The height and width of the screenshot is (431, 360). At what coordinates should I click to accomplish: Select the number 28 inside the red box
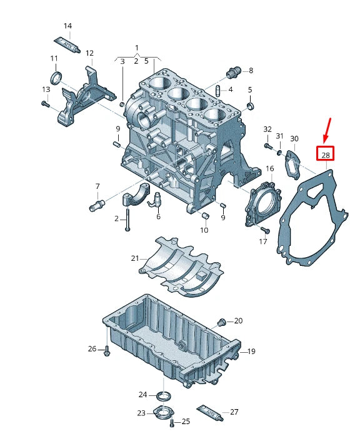[325, 154]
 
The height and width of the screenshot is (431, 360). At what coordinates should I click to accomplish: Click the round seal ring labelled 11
[56, 78]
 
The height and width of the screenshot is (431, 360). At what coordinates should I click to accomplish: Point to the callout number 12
[89, 53]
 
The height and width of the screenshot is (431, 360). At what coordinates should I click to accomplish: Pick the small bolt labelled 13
[46, 104]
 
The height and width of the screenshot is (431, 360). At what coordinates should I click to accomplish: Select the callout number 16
[269, 169]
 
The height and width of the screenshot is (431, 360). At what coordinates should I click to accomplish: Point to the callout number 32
[267, 129]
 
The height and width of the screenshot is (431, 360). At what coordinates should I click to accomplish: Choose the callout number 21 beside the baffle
[135, 258]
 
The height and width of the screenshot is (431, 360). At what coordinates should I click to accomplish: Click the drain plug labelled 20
[221, 322]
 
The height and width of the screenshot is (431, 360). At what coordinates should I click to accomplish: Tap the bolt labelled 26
[107, 350]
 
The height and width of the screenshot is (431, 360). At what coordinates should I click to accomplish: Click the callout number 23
[141, 413]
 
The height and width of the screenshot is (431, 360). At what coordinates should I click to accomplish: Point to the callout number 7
[97, 186]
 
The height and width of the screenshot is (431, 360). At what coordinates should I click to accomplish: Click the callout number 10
[204, 230]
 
